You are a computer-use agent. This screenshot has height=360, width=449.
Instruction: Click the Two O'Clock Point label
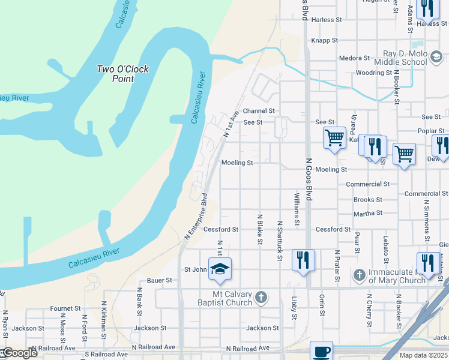pos(122,74)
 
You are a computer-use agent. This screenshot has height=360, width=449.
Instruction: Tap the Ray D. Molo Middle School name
pos(401,58)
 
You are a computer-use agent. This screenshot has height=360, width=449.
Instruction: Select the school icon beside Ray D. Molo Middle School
pos(436,57)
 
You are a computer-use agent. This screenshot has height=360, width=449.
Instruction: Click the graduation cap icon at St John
pos(220,269)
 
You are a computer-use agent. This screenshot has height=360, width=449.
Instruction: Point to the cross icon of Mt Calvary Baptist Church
pos(261,297)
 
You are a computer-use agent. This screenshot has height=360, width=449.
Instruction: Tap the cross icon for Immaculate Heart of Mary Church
pos(359,275)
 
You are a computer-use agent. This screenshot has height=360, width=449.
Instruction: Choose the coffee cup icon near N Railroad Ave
pos(321,352)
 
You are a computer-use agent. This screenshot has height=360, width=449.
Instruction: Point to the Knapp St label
pos(326,41)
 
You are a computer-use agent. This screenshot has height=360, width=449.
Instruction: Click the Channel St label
pos(259,111)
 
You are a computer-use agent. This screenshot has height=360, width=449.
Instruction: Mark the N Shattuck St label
pos(280,241)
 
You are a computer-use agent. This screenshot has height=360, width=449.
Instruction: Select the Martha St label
pos(368,213)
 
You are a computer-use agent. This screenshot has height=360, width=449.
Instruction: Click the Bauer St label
pos(160,280)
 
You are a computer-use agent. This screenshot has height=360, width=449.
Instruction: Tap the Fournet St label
pos(65,308)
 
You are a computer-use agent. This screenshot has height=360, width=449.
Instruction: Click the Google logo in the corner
pos(19,353)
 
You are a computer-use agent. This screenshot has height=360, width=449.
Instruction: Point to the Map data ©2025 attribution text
pos(423,355)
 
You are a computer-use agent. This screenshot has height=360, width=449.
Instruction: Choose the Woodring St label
pos(373,73)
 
